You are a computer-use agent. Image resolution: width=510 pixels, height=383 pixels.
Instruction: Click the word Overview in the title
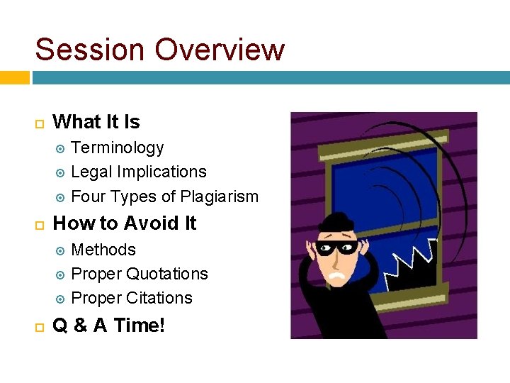pyautogui.click(x=220, y=50)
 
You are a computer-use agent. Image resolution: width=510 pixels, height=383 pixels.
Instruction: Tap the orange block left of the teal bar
pyautogui.click(x=14, y=77)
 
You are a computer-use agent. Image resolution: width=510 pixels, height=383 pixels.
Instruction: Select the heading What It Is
pyautogui.click(x=96, y=122)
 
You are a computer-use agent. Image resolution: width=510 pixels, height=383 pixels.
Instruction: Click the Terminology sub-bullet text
pyautogui.click(x=118, y=148)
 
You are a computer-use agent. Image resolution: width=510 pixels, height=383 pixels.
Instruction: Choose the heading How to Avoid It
pyautogui.click(x=125, y=223)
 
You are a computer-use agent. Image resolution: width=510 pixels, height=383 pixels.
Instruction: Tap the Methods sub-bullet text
pyautogui.click(x=103, y=250)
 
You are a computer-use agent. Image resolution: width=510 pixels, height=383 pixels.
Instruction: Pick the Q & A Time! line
pyautogui.click(x=109, y=326)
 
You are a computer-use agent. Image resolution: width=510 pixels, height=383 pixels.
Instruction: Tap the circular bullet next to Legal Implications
pyautogui.click(x=61, y=172)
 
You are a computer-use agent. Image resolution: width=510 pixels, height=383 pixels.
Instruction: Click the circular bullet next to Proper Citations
pyautogui.click(x=61, y=299)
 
